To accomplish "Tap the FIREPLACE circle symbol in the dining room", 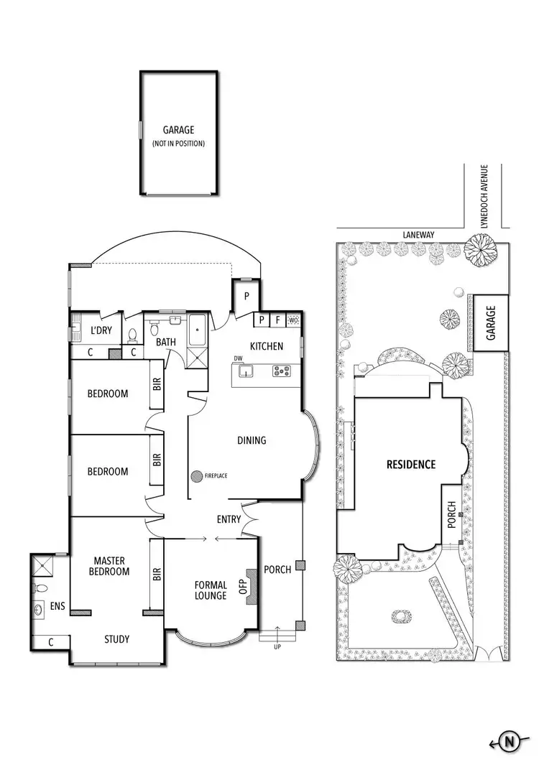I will [196, 475].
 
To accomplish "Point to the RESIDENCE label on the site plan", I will [411, 465].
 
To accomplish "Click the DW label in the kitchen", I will [236, 358].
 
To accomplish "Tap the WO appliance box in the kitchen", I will [293, 320].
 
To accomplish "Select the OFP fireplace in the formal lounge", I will [252, 587].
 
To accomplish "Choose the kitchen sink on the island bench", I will [246, 371].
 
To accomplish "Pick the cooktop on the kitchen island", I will [281, 371].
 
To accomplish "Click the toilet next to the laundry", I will [132, 334].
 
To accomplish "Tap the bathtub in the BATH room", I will [197, 329].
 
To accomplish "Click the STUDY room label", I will [117, 639].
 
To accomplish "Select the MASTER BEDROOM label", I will [111, 566].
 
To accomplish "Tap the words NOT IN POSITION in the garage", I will [178, 144].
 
